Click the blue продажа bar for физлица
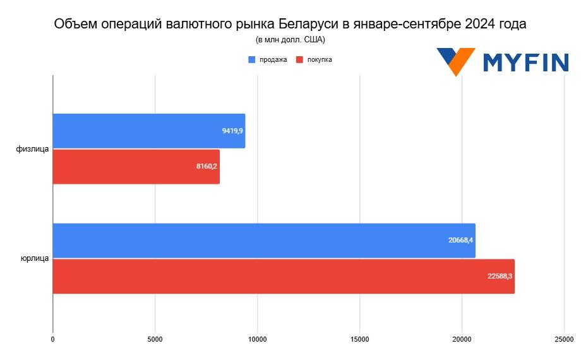[x=148, y=131]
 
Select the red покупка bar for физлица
[x=136, y=167]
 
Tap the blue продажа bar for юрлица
[x=263, y=241]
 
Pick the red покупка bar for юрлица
[x=283, y=277]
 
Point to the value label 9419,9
[x=232, y=131]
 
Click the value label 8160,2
[x=207, y=167]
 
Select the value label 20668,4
[x=461, y=241]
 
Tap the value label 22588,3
[x=500, y=277]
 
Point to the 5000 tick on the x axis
[x=155, y=339]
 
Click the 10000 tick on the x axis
[x=257, y=339]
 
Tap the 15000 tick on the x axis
[x=359, y=339]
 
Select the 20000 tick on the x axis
[x=462, y=339]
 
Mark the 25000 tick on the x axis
[x=564, y=339]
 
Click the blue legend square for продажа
[x=252, y=59]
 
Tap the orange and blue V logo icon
[x=455, y=61]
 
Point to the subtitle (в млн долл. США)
[x=290, y=39]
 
